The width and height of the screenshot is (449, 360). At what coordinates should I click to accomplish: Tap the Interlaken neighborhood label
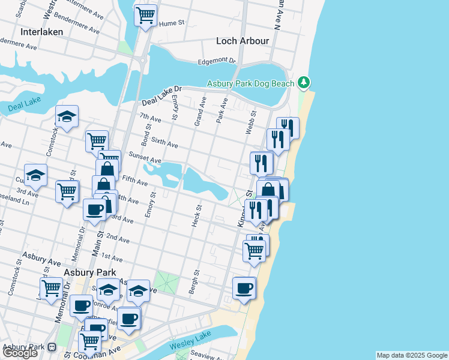click(41, 32)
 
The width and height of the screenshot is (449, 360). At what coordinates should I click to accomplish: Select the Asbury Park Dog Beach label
click(251, 83)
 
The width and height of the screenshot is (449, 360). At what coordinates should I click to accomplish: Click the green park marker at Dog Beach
click(305, 82)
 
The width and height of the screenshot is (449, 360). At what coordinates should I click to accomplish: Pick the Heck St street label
click(196, 215)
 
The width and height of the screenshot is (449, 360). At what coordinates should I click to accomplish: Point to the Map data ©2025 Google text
click(412, 355)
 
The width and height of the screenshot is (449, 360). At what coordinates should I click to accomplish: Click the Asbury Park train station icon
click(52, 347)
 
